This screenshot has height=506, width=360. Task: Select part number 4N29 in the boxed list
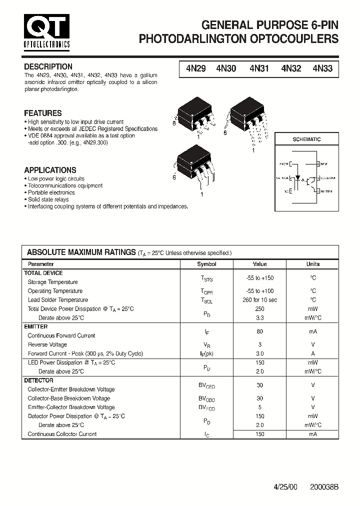[x=195, y=69]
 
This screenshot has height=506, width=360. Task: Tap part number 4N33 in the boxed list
[x=322, y=69]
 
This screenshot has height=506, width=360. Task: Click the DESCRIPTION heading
[x=48, y=66]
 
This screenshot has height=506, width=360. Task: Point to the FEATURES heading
[x=43, y=113]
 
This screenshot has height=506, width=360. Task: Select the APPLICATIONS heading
[x=50, y=170]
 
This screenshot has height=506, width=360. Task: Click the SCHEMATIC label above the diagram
[x=306, y=139]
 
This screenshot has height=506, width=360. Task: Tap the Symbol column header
[x=206, y=264]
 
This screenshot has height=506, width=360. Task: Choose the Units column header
[x=312, y=264]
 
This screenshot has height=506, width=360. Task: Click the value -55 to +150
[x=259, y=278]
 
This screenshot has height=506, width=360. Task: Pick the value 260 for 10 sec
[x=259, y=300]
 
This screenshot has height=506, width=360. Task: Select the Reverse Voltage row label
[x=47, y=344]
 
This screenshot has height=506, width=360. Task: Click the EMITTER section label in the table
[x=36, y=326]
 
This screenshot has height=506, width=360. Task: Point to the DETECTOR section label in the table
[x=38, y=380]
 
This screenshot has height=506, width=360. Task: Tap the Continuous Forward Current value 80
[x=259, y=331]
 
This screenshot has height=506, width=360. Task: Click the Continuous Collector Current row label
[x=62, y=434]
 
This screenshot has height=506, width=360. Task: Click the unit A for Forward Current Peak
[x=312, y=353]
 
